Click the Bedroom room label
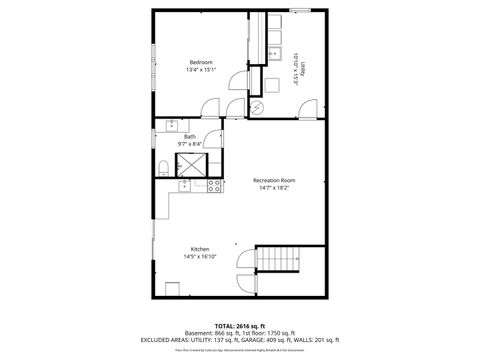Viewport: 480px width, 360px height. click(x=202, y=62)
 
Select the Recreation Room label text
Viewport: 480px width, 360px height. click(x=273, y=180)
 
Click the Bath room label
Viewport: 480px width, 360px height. click(x=190, y=137)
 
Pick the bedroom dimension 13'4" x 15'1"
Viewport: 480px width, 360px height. click(x=202, y=70)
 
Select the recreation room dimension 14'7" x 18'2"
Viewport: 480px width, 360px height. click(x=273, y=188)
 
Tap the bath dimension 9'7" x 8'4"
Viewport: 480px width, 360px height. click(x=190, y=145)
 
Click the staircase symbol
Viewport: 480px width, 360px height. click(x=280, y=262)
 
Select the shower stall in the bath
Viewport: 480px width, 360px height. click(x=190, y=164)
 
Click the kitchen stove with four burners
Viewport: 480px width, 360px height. click(x=213, y=186)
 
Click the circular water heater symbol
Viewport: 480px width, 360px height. click(x=256, y=107)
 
